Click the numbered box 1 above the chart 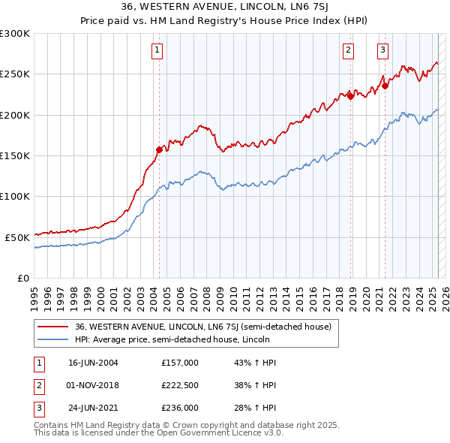pyautogui.click(x=157, y=51)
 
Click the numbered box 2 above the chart pyautogui.click(x=349, y=51)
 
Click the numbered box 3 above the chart pyautogui.click(x=382, y=51)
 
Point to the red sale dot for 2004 pyautogui.click(x=159, y=149)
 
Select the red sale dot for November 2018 pyautogui.click(x=350, y=95)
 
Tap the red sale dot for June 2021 pyautogui.click(x=385, y=85)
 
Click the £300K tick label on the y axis pyautogui.click(x=15, y=34)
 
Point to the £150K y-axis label pyautogui.click(x=15, y=155)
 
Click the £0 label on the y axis pyautogui.click(x=22, y=278)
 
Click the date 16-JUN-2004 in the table pyautogui.click(x=93, y=362)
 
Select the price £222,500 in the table pyautogui.click(x=180, y=385)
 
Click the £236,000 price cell pyautogui.click(x=180, y=408)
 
